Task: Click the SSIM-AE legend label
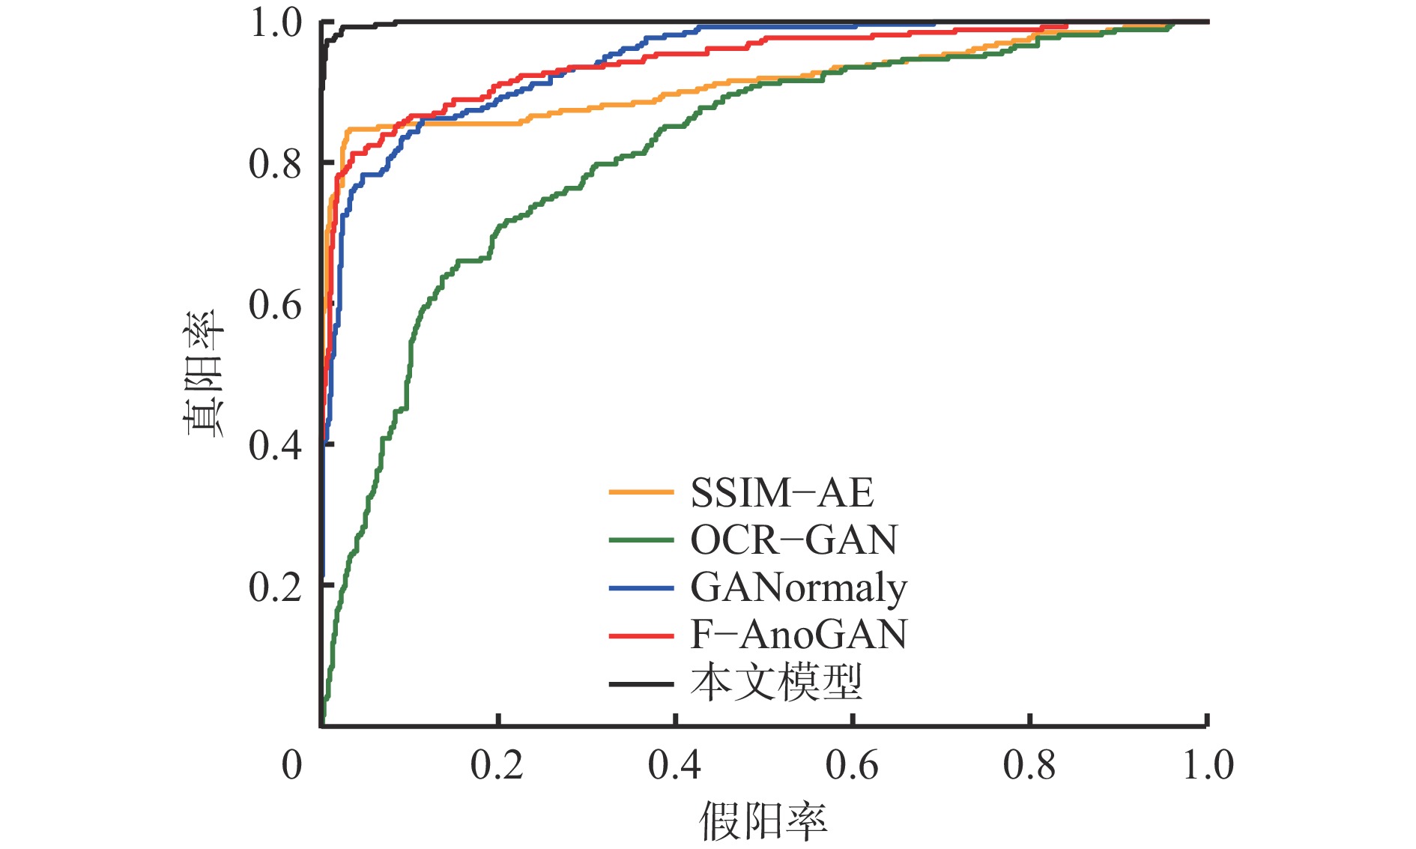click(781, 493)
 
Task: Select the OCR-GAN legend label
click(793, 540)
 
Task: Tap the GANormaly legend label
click(799, 587)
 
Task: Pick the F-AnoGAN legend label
click(799, 635)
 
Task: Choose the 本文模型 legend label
click(776, 683)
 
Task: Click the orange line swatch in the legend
click(641, 493)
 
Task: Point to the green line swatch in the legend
click(641, 540)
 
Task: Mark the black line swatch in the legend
click(641, 683)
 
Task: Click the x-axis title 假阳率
click(763, 821)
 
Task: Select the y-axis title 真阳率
click(203, 372)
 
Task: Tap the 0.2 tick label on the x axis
click(497, 766)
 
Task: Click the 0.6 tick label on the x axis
click(852, 766)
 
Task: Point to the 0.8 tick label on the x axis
click(1029, 766)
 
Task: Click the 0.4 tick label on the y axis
click(275, 446)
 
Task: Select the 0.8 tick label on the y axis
click(275, 164)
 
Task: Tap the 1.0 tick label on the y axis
click(275, 23)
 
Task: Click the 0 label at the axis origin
click(291, 766)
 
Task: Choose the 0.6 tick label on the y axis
click(275, 305)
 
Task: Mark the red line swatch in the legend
click(641, 635)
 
